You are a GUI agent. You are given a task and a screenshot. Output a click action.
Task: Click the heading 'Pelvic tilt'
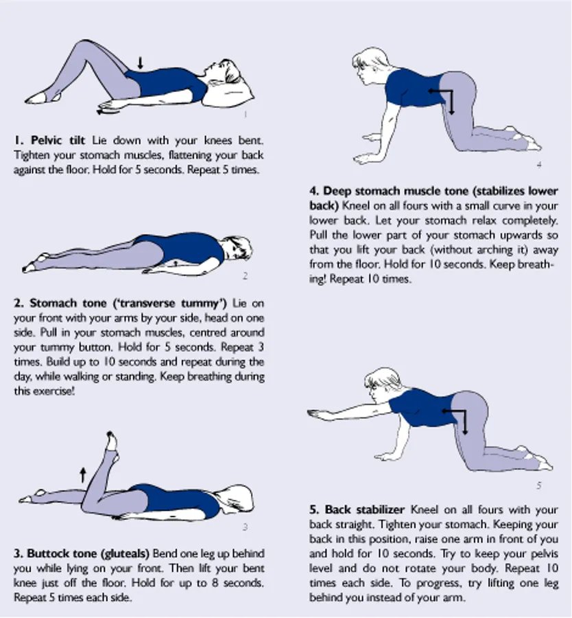coord(58,140)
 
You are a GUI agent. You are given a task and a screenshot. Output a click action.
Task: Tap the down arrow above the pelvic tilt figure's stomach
coord(140,62)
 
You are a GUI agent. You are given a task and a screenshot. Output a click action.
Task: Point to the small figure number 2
coord(245,276)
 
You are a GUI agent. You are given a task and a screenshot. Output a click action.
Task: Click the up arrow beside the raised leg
coord(83,475)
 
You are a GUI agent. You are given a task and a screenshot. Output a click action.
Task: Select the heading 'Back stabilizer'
coord(365,510)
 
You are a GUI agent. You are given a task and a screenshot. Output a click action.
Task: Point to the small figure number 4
coord(539,164)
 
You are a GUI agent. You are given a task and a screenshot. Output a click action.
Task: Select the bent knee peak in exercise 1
coord(85,41)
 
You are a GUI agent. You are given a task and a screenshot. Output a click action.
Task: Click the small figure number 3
coord(245,527)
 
